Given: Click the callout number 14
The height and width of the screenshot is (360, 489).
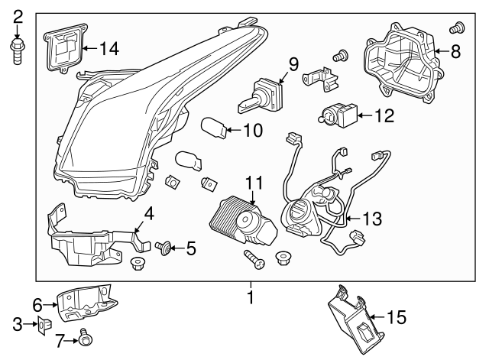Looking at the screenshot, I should [109, 49].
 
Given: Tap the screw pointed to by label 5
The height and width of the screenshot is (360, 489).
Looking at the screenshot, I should [162, 247].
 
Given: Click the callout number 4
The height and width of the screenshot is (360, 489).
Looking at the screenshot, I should [150, 215].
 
